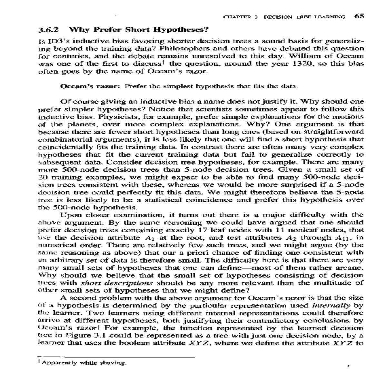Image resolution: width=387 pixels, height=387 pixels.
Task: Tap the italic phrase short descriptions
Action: click(x=116, y=283)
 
